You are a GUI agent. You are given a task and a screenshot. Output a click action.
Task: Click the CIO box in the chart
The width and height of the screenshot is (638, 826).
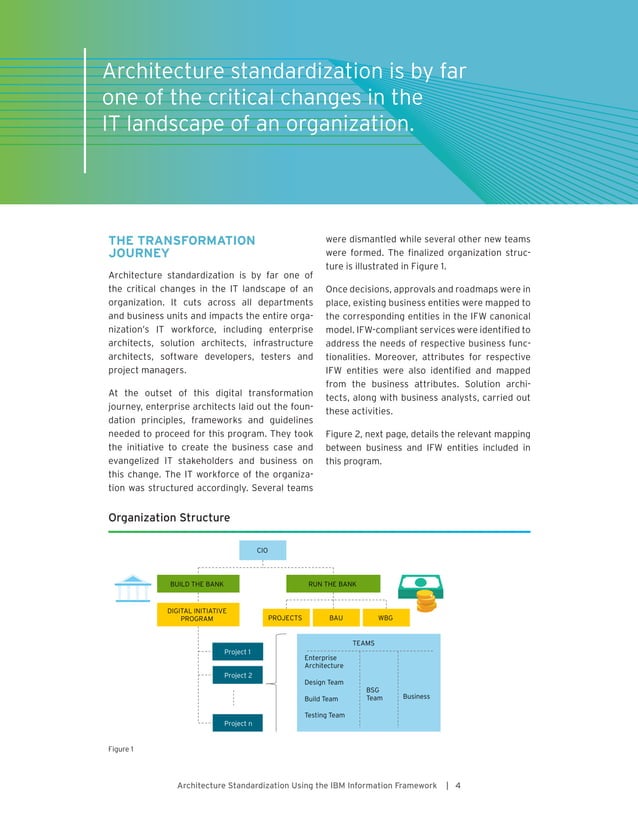262,550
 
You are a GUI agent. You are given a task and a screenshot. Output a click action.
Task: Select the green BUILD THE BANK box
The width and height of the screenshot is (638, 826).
196,583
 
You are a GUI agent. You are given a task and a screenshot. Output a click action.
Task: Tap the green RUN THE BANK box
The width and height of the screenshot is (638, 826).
333,583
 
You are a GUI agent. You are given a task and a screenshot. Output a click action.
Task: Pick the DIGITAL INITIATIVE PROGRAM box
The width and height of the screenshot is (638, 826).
196,614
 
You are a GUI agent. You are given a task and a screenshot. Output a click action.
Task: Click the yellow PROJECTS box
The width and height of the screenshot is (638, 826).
285,618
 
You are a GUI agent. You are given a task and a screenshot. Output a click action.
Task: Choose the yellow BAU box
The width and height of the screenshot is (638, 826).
336,618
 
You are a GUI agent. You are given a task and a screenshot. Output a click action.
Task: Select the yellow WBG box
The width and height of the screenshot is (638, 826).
385,618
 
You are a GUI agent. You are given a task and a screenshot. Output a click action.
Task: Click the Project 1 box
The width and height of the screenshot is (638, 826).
237,652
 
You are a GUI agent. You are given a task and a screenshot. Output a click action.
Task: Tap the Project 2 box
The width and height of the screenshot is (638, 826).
237,675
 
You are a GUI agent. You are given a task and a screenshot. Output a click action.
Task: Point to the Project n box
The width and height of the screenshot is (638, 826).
237,722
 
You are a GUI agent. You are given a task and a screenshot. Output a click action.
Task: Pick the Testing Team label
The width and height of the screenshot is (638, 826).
324,715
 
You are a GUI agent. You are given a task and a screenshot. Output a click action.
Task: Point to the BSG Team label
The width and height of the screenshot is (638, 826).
374,693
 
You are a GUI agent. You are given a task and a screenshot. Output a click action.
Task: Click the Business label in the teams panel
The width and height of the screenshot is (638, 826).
416,696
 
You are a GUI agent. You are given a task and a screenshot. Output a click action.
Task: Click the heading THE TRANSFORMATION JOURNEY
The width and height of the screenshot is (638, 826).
181,246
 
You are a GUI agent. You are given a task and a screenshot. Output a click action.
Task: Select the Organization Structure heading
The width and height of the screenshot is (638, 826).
168,517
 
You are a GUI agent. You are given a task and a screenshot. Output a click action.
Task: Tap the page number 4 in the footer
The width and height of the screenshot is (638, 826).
457,785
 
